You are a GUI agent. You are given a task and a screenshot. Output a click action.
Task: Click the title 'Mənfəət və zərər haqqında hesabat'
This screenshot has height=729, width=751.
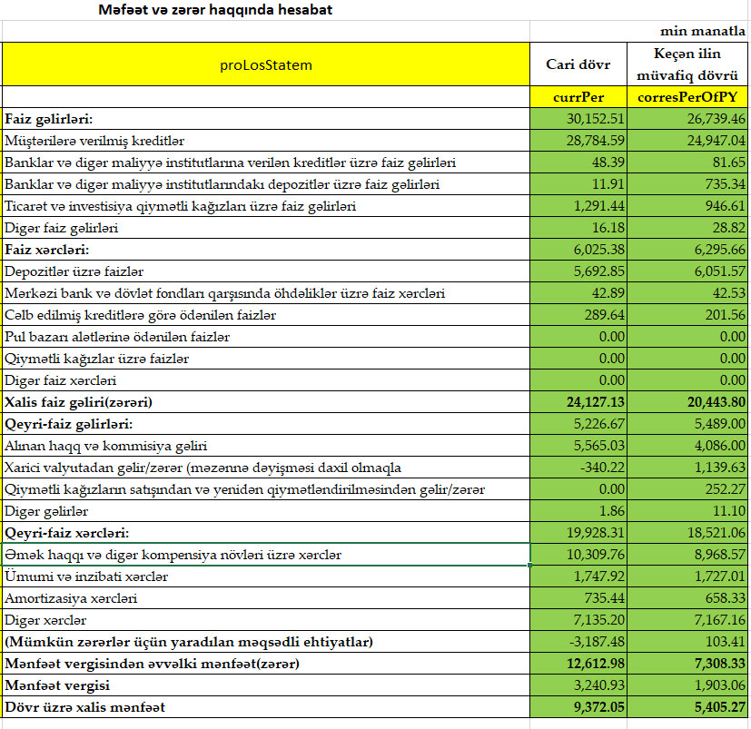[215, 11]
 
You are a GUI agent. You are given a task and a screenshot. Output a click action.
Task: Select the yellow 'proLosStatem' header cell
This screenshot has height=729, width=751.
[266, 64]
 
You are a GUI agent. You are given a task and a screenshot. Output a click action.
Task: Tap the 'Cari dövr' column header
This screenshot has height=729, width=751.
[578, 64]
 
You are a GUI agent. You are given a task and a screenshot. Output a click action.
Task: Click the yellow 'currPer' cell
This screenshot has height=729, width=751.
[578, 96]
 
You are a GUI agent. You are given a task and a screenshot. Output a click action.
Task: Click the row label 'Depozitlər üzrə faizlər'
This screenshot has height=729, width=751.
[74, 271]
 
